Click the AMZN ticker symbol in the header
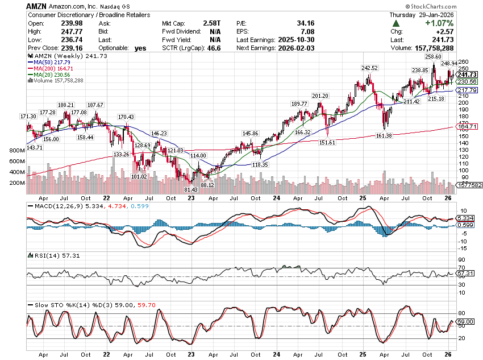click(37, 5)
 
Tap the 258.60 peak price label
click(434, 57)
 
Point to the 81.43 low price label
click(191, 189)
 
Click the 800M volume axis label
click(17, 151)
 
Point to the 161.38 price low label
click(385, 136)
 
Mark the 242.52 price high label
click(369, 68)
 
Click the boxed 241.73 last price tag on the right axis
click(467, 75)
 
